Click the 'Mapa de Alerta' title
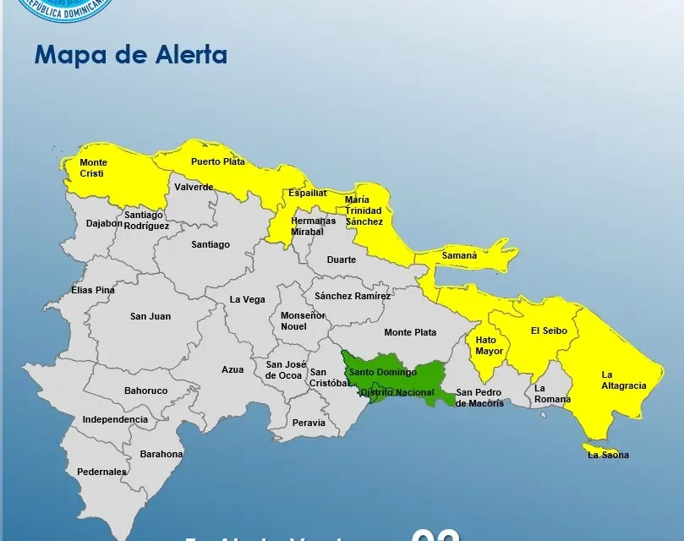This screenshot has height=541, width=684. pos(131,55)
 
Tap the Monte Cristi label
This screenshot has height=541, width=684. pos(92,167)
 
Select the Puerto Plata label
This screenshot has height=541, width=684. pos(217,161)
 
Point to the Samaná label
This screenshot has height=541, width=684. pos(459,255)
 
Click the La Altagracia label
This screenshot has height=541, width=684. pos(624,380)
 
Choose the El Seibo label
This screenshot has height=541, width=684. pos(549,331)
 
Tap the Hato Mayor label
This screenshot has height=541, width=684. pos(489,345)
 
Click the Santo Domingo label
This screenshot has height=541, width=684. pos(383,372)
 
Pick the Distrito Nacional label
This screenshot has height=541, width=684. pos(397,392)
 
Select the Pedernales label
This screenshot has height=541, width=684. pos(101,472)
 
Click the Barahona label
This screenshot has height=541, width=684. pos(161,454)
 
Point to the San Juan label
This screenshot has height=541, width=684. pos(150,316)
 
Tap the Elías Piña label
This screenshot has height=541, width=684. pos(93,290)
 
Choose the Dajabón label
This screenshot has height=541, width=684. pos(104,224)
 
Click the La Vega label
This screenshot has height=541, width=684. pos(248,299)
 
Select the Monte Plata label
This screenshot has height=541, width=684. pos(410,332)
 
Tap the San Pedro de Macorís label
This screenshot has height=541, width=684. pos(479,397)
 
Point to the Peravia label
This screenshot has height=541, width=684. pos(309,422)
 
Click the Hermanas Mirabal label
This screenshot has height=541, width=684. pos(313,226)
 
